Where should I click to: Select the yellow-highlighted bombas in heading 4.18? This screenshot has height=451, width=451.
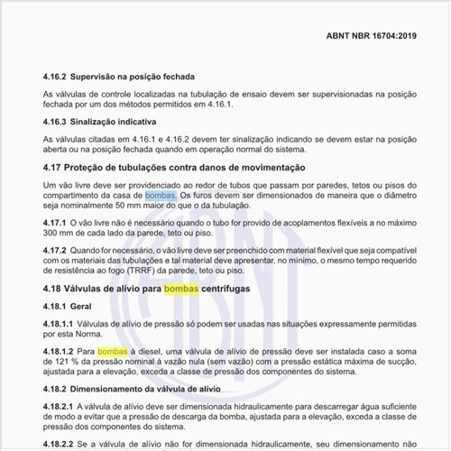[181, 288]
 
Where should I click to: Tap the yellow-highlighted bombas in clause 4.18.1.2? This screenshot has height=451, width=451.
[113, 350]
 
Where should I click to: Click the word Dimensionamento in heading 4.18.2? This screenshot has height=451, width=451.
[112, 389]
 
